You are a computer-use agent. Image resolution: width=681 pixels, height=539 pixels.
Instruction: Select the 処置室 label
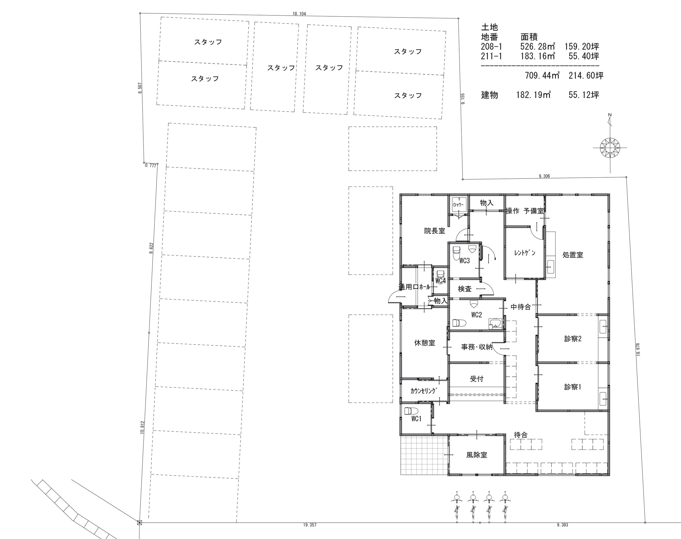(573, 255)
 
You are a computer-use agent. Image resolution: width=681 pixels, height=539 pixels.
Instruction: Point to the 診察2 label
(573, 339)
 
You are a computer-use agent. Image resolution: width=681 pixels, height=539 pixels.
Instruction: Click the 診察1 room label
(573, 387)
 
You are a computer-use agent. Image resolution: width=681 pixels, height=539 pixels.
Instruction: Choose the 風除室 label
(477, 455)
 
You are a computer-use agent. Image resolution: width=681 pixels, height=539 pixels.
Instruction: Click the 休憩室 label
(424, 343)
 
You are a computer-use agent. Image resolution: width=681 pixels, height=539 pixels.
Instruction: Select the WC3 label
(464, 261)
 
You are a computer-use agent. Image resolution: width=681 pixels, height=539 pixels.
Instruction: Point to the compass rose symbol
(610, 147)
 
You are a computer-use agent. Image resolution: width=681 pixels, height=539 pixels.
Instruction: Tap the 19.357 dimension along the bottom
(310, 525)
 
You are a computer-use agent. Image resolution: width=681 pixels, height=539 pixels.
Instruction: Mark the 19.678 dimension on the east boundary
(638, 349)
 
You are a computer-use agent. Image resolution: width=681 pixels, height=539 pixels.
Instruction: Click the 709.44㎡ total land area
(542, 75)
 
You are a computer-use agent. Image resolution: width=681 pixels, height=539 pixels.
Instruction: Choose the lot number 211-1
(491, 56)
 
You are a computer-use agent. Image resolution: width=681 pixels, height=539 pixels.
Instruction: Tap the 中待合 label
(520, 307)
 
